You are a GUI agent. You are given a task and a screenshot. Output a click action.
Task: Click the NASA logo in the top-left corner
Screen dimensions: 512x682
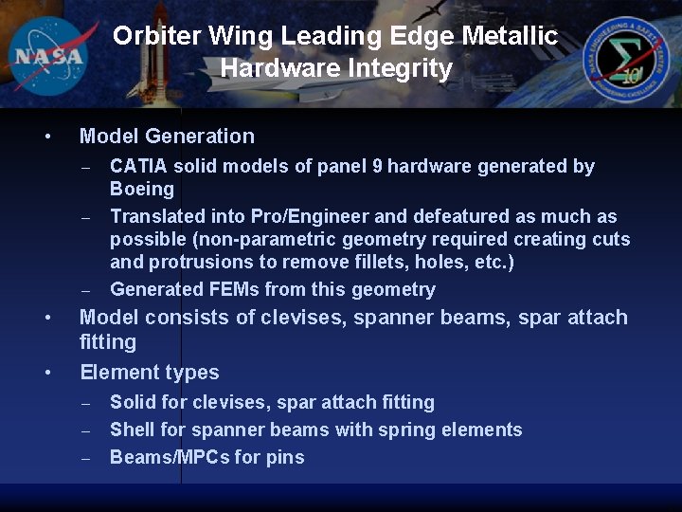click(x=46, y=54)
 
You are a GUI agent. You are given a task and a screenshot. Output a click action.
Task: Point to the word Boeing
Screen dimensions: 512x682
click(x=142, y=189)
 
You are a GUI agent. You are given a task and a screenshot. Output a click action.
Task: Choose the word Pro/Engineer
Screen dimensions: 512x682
click(x=247, y=216)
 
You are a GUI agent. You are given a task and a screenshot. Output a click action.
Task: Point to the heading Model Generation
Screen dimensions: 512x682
click(x=167, y=137)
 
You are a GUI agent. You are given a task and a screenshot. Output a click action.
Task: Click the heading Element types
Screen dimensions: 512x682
click(x=150, y=372)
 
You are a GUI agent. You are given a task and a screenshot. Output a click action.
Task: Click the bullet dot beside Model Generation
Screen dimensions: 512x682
click(x=47, y=137)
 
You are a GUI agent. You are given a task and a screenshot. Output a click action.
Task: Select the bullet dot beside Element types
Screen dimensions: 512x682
click(x=47, y=373)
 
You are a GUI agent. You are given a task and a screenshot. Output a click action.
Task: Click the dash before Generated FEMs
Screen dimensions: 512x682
click(x=85, y=290)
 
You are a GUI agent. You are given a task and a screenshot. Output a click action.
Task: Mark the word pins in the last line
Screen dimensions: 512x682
click(x=284, y=457)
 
